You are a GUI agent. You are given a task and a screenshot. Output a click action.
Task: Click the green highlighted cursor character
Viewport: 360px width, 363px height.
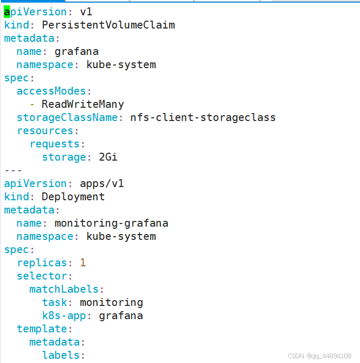click(x=7, y=12)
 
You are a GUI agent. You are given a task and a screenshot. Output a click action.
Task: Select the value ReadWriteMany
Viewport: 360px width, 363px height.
click(x=83, y=104)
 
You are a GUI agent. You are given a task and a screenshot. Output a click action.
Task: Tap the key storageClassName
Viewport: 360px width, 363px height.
click(x=67, y=117)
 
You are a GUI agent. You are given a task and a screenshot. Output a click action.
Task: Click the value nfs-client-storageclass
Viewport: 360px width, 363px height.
click(x=203, y=117)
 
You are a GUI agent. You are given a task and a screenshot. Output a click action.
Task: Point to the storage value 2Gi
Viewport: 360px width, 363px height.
click(x=108, y=157)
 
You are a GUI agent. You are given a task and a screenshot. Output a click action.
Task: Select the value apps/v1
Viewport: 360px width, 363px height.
click(x=102, y=183)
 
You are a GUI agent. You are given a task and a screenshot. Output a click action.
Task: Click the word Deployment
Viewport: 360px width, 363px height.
click(x=73, y=197)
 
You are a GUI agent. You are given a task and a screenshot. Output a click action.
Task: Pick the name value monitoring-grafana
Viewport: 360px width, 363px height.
click(x=111, y=223)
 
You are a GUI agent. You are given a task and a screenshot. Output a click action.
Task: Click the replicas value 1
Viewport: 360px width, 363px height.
click(x=83, y=263)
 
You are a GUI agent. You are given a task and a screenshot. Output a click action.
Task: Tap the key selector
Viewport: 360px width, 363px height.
click(x=42, y=276)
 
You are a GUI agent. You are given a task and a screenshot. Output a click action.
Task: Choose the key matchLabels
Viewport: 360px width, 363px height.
click(x=64, y=289)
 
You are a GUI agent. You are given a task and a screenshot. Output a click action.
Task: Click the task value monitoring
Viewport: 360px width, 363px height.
click(x=111, y=302)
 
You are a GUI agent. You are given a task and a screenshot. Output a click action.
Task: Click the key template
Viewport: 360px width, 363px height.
click(x=42, y=329)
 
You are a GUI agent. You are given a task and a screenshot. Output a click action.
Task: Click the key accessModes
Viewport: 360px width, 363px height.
click(x=51, y=91)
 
